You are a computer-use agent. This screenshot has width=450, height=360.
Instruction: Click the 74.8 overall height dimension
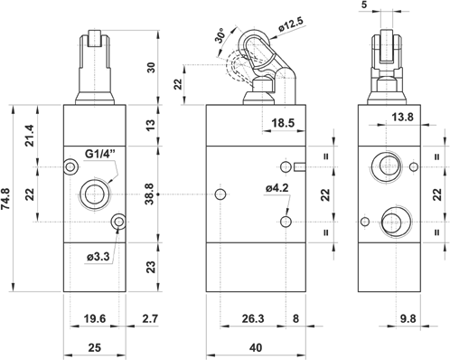[x=6, y=198]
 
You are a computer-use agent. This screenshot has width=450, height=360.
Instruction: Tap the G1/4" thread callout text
[x=100, y=154]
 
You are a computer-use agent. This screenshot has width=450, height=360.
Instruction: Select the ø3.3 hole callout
[x=98, y=257]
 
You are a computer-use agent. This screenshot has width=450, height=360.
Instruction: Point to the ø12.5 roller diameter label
[x=291, y=24]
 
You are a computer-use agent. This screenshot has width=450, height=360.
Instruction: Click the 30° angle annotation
[x=220, y=36]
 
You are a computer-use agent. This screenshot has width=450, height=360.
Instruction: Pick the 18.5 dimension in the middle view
[x=283, y=123]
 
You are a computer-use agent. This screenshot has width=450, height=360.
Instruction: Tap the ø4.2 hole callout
[x=277, y=188]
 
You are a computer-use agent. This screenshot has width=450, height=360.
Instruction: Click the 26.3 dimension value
[x=253, y=318]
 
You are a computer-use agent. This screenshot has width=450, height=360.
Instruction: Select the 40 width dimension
[x=256, y=347]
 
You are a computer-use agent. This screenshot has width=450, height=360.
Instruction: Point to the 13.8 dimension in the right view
[x=403, y=117]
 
